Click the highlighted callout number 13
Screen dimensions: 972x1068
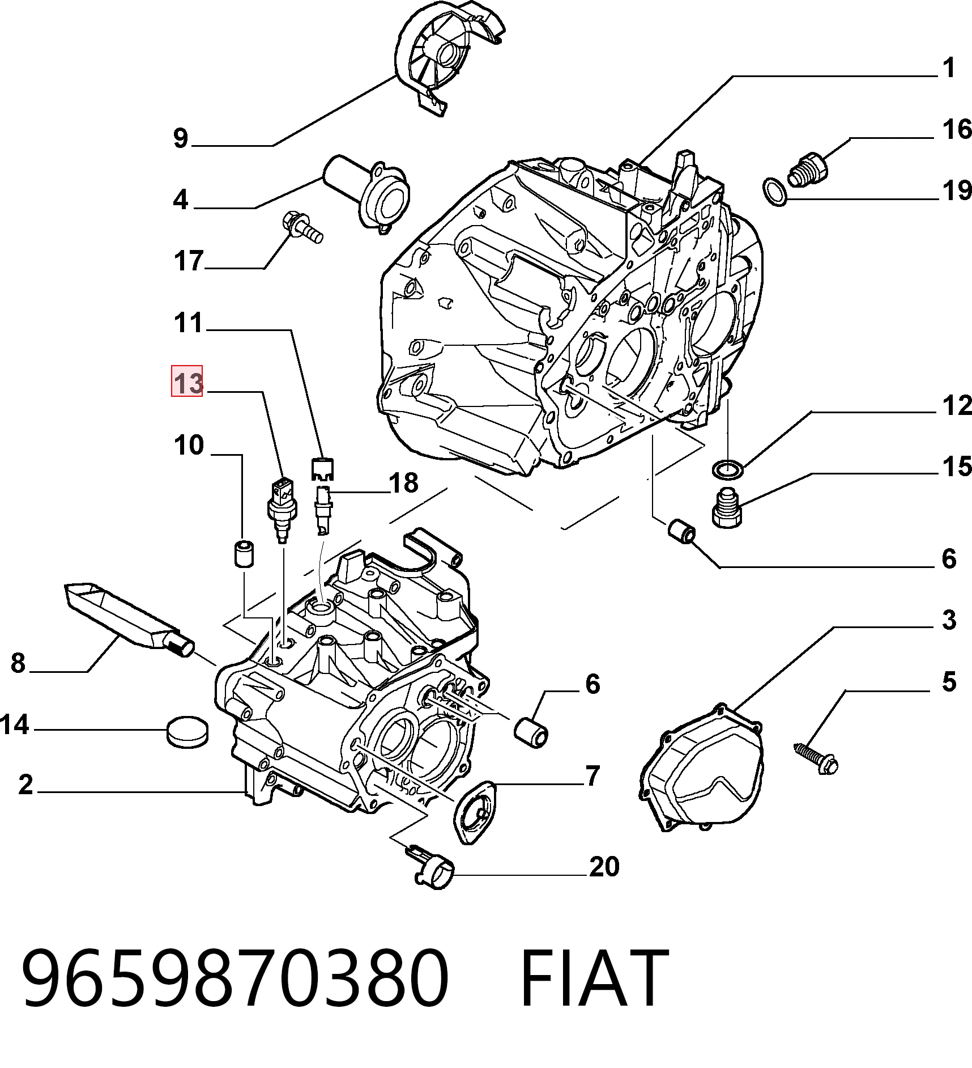click(x=187, y=382)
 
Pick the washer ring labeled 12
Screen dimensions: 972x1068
click(x=727, y=469)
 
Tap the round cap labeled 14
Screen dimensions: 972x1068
click(x=188, y=732)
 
